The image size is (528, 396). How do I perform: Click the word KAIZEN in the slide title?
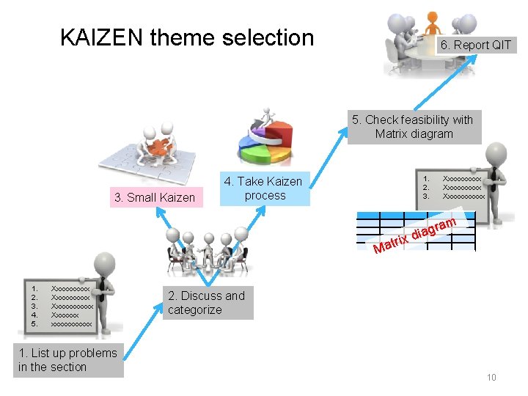[101, 37]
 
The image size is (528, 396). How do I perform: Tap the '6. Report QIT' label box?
[475, 45]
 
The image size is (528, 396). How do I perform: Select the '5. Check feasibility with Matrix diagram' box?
[414, 127]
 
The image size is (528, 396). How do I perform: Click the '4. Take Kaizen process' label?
[263, 188]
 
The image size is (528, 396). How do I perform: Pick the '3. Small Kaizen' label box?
[154, 197]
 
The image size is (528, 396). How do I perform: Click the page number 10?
[491, 378]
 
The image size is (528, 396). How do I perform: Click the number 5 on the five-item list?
[34, 323]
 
